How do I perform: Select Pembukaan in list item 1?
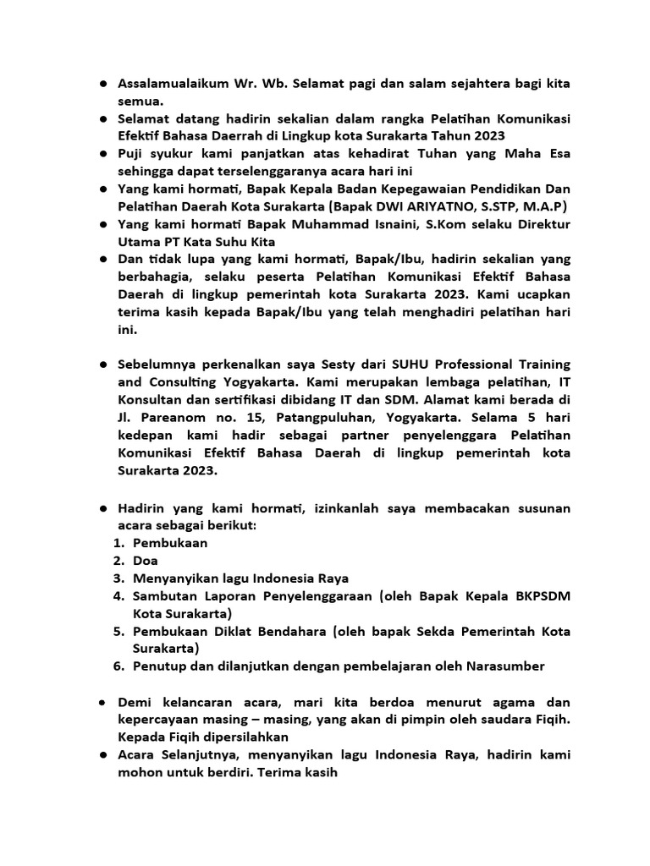click(170, 543)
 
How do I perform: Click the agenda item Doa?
click(146, 561)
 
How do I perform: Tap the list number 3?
click(118, 578)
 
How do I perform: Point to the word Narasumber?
click(504, 666)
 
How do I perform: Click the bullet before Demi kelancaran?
click(101, 703)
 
